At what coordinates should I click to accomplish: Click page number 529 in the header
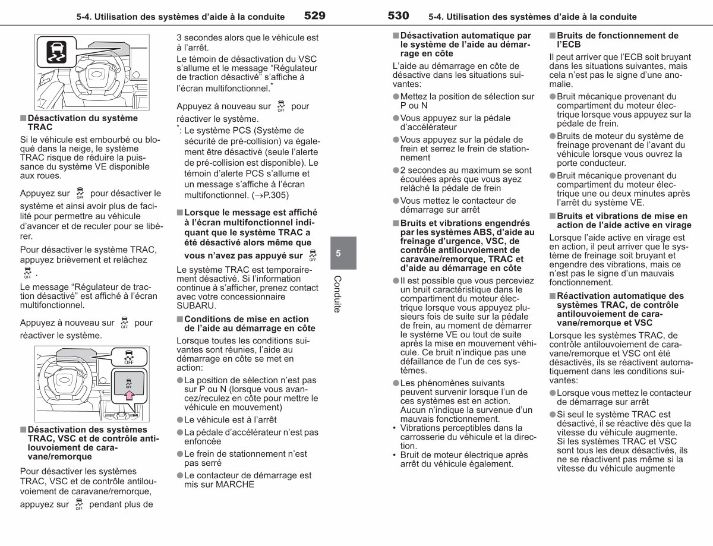(315, 15)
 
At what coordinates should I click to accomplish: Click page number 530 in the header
(398, 15)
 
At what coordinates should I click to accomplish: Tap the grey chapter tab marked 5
(343, 253)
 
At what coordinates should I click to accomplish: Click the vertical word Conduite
(337, 294)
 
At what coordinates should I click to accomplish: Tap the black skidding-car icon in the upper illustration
(56, 52)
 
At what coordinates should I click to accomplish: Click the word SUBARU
(196, 305)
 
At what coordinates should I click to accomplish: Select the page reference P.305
(275, 195)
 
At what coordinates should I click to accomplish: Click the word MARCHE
(235, 484)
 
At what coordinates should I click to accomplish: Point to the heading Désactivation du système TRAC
(83, 122)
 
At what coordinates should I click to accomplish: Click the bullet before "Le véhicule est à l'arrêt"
(180, 419)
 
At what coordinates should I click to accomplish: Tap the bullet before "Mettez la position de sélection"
(396, 96)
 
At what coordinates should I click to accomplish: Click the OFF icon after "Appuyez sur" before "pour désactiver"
(80, 193)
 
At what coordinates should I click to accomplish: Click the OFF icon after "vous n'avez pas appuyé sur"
(313, 255)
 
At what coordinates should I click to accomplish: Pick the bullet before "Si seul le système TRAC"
(553, 415)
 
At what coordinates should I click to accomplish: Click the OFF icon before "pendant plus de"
(79, 504)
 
